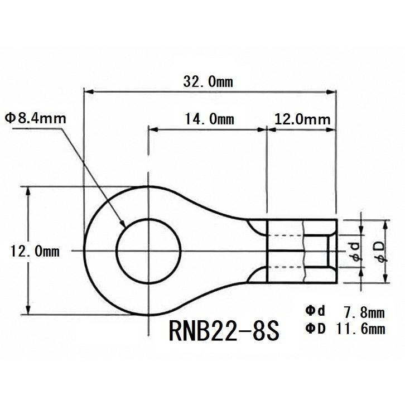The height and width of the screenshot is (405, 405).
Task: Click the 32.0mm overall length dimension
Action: pos(208,81)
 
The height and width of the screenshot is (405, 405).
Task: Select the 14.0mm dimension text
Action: pos(208,119)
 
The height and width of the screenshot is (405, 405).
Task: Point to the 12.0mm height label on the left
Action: pos(35,251)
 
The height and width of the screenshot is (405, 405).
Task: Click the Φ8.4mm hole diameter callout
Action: pos(35,118)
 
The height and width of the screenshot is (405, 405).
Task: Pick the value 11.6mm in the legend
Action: pos(360,329)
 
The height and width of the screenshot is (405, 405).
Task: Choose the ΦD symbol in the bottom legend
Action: pos(315,329)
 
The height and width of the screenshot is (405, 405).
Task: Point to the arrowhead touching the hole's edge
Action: pos(122,224)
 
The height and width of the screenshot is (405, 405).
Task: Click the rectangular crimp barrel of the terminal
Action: pos(302,251)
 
